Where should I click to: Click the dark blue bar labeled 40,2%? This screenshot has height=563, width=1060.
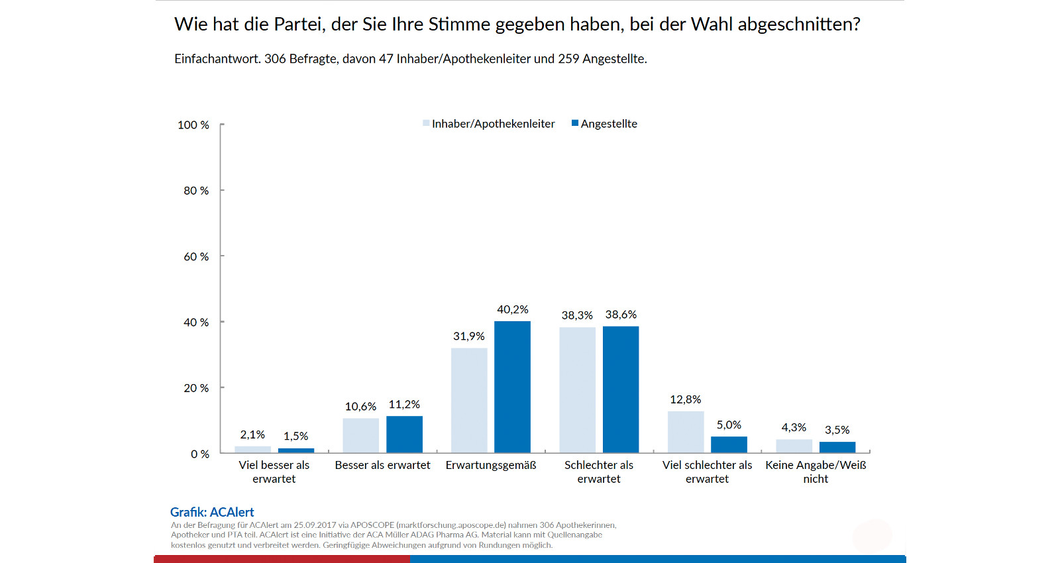pyautogui.click(x=512, y=387)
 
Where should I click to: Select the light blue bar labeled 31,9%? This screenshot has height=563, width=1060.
pyautogui.click(x=469, y=400)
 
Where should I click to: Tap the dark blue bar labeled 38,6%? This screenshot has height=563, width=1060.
pyautogui.click(x=621, y=389)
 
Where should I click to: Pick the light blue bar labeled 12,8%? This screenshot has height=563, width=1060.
pyautogui.click(x=686, y=432)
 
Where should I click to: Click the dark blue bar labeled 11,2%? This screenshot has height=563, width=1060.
pyautogui.click(x=404, y=435)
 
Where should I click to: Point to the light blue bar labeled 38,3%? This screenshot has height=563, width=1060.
pyautogui.click(x=577, y=390)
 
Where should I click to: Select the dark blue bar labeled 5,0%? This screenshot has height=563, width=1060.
pyautogui.click(x=729, y=444)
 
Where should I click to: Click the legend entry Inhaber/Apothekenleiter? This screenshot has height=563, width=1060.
pyautogui.click(x=493, y=124)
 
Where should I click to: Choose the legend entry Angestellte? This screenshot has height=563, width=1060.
pyautogui.click(x=608, y=124)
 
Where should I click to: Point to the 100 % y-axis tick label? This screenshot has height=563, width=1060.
pyautogui.click(x=193, y=125)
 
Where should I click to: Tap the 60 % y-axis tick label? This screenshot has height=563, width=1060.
pyautogui.click(x=196, y=256)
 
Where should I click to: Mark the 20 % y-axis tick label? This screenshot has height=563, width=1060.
pyautogui.click(x=196, y=388)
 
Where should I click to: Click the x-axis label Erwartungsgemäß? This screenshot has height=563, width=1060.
pyautogui.click(x=491, y=465)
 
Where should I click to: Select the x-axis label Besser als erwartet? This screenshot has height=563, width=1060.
pyautogui.click(x=382, y=465)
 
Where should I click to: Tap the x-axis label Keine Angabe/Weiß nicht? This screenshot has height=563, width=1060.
pyautogui.click(x=816, y=472)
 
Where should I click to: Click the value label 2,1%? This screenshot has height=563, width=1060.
pyautogui.click(x=252, y=435)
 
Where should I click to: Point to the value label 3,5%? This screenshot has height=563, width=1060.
pyautogui.click(x=837, y=430)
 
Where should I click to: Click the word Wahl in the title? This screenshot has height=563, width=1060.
pyautogui.click(x=712, y=25)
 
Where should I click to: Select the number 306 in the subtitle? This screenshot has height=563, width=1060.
pyautogui.click(x=275, y=59)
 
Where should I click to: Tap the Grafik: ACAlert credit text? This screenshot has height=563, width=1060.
pyautogui.click(x=212, y=512)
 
